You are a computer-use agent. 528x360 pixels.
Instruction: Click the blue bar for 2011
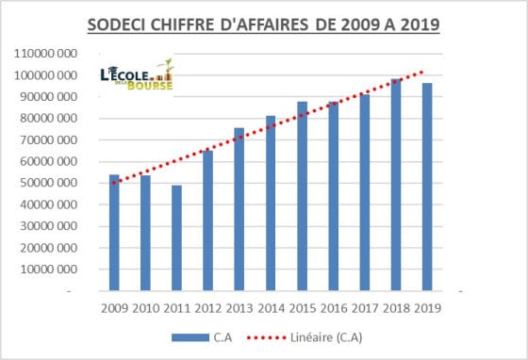(176, 237)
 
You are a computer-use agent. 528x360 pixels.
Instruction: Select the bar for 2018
(396, 185)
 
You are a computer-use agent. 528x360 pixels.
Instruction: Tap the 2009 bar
(114, 233)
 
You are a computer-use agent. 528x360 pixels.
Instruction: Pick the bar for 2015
(302, 196)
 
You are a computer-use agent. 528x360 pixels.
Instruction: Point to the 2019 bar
(427, 187)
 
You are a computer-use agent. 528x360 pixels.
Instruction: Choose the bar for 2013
(239, 209)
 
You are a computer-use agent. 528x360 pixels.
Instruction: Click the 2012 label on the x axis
(208, 308)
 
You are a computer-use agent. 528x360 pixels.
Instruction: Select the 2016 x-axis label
(334, 308)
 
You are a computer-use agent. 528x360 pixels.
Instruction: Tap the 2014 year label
(272, 308)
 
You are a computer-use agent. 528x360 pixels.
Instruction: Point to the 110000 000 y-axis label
(45, 54)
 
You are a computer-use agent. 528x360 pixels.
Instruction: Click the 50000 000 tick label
(48, 183)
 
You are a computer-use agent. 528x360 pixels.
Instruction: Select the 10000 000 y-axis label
(48, 270)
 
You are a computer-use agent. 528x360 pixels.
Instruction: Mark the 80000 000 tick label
(48, 119)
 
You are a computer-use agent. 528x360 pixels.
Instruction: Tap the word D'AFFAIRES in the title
(264, 25)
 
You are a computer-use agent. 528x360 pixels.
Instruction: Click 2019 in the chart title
(421, 25)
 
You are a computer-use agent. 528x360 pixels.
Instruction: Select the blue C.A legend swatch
(190, 337)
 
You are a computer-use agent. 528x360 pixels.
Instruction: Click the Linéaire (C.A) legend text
(326, 337)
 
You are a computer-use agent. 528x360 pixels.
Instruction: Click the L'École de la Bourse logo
(137, 74)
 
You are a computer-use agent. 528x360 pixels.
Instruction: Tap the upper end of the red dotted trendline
(421, 72)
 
